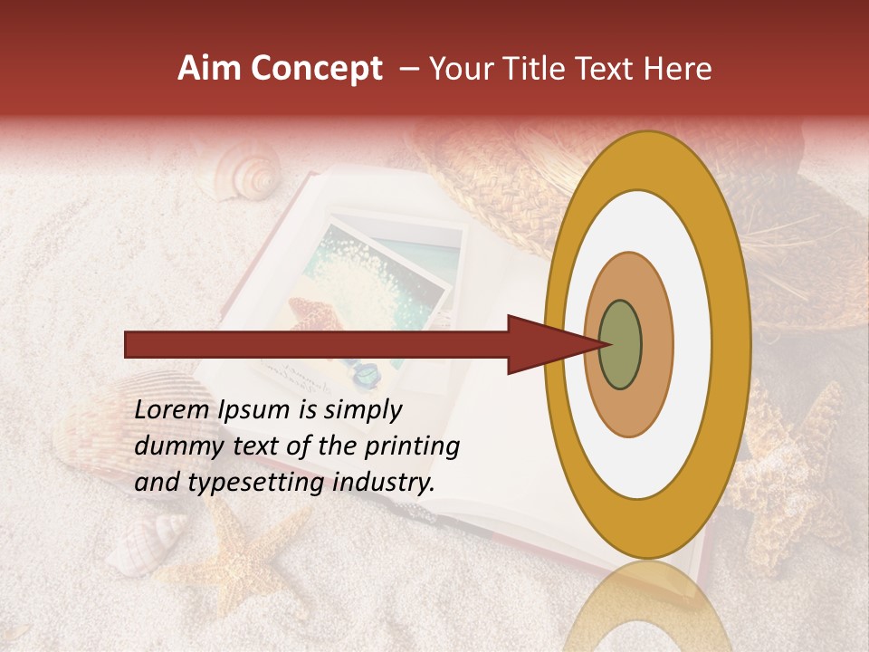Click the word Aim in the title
(210, 69)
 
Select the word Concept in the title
(315, 69)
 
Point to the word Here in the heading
(676, 69)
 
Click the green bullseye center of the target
(620, 345)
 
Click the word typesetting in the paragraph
(251, 484)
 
